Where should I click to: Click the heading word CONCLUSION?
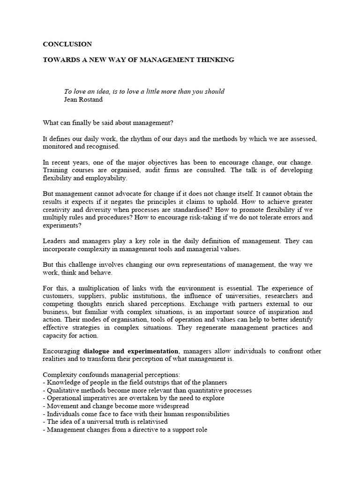(x=67, y=45)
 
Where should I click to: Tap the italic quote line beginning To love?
(x=144, y=91)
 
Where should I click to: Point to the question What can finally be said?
(x=108, y=123)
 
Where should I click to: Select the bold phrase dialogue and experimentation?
(x=131, y=351)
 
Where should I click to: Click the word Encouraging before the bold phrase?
(x=62, y=351)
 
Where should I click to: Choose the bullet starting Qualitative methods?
(x=147, y=390)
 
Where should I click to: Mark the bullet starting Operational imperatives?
(x=134, y=398)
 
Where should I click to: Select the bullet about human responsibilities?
(x=136, y=414)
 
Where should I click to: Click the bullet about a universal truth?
(x=105, y=422)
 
